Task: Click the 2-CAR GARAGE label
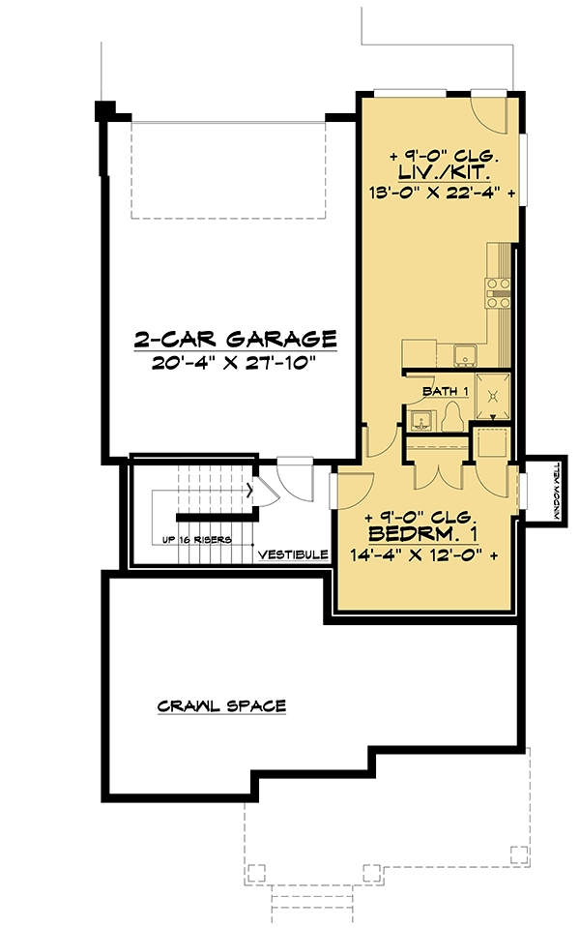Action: (x=235, y=339)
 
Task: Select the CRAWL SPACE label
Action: (x=221, y=705)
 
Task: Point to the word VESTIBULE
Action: (x=293, y=554)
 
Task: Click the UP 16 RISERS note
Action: (x=197, y=540)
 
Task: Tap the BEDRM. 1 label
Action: (x=423, y=534)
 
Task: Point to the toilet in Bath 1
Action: (x=454, y=417)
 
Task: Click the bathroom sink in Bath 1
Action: (x=422, y=421)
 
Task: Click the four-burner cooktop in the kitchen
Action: (x=498, y=293)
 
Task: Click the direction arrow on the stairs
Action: (x=250, y=490)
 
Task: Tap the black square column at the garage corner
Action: (x=105, y=110)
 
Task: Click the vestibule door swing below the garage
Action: (x=295, y=478)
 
